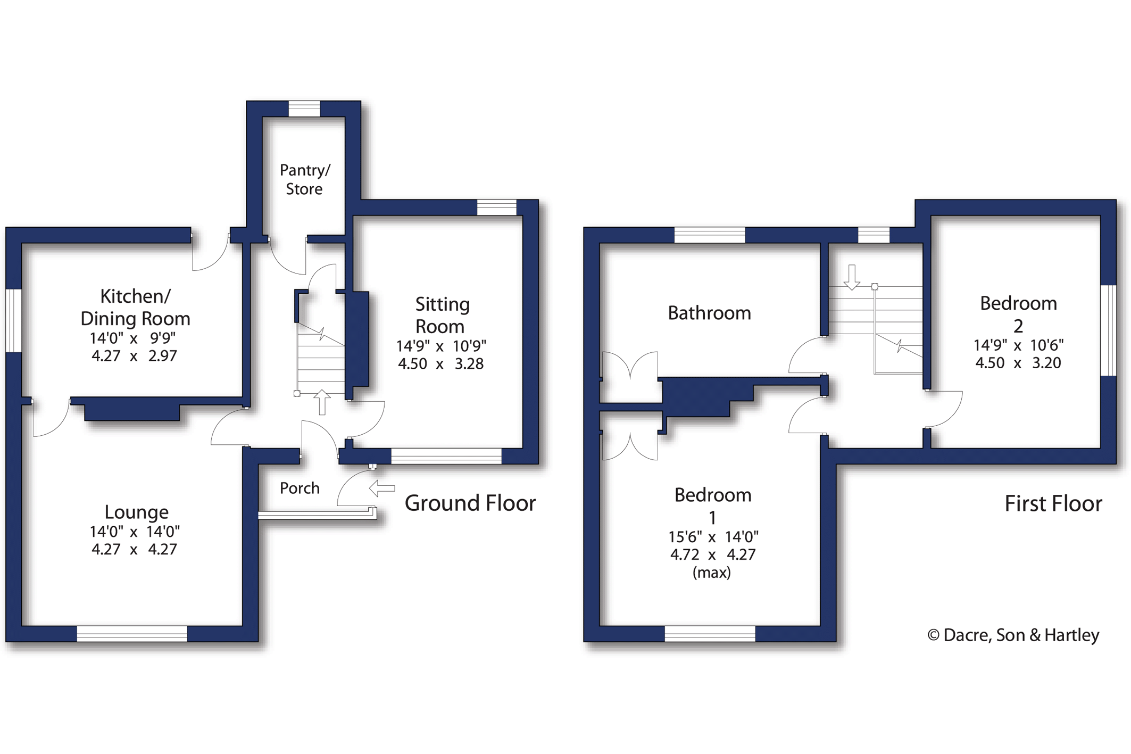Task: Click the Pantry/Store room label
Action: [x=305, y=179]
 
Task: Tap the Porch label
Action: [x=300, y=488]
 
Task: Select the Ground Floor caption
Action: [x=470, y=503]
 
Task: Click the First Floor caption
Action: [x=1053, y=503]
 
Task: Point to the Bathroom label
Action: [x=709, y=313]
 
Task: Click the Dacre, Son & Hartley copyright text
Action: [x=1013, y=635]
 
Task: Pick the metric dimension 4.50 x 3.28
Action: [x=440, y=364]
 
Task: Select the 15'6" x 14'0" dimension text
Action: [x=713, y=537]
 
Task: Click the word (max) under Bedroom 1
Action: [x=711, y=573]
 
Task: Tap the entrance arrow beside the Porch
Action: [x=382, y=488]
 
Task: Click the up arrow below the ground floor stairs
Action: [x=322, y=402]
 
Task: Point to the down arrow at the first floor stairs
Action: [x=852, y=277]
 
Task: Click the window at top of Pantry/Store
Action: [x=304, y=109]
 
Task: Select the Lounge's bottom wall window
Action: [x=132, y=633]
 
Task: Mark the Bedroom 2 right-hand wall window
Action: [x=1108, y=330]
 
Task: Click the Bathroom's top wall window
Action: [x=710, y=235]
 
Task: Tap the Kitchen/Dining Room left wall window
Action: [x=13, y=320]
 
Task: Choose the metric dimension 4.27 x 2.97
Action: [x=134, y=355]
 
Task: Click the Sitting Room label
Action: [x=442, y=315]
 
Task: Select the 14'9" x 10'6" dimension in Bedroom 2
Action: [x=1018, y=345]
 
